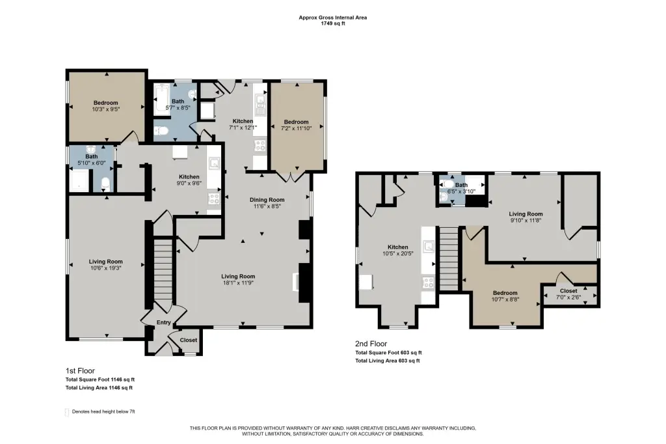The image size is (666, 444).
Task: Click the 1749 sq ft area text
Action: click(x=333, y=23)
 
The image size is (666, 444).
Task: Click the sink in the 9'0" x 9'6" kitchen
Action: click(x=214, y=164)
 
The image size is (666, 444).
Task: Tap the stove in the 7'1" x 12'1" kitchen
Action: click(x=260, y=146)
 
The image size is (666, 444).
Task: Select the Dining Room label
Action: click(x=267, y=200)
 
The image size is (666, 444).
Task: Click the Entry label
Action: click(x=163, y=323)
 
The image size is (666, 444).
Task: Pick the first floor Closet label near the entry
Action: click(x=189, y=340)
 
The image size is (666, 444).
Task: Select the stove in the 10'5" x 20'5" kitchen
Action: click(x=428, y=282)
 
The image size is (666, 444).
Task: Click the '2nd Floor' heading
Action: click(x=371, y=344)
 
